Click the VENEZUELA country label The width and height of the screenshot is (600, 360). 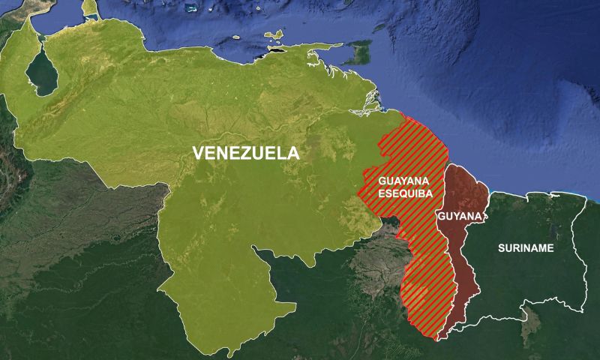(x=246, y=153)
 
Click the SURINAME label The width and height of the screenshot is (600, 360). (x=525, y=247)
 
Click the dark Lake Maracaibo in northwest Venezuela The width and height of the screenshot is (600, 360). (x=41, y=73)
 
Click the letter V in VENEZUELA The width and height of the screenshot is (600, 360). (x=199, y=153)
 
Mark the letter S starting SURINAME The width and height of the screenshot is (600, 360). (x=501, y=247)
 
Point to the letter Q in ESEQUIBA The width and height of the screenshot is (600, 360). (x=405, y=193)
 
